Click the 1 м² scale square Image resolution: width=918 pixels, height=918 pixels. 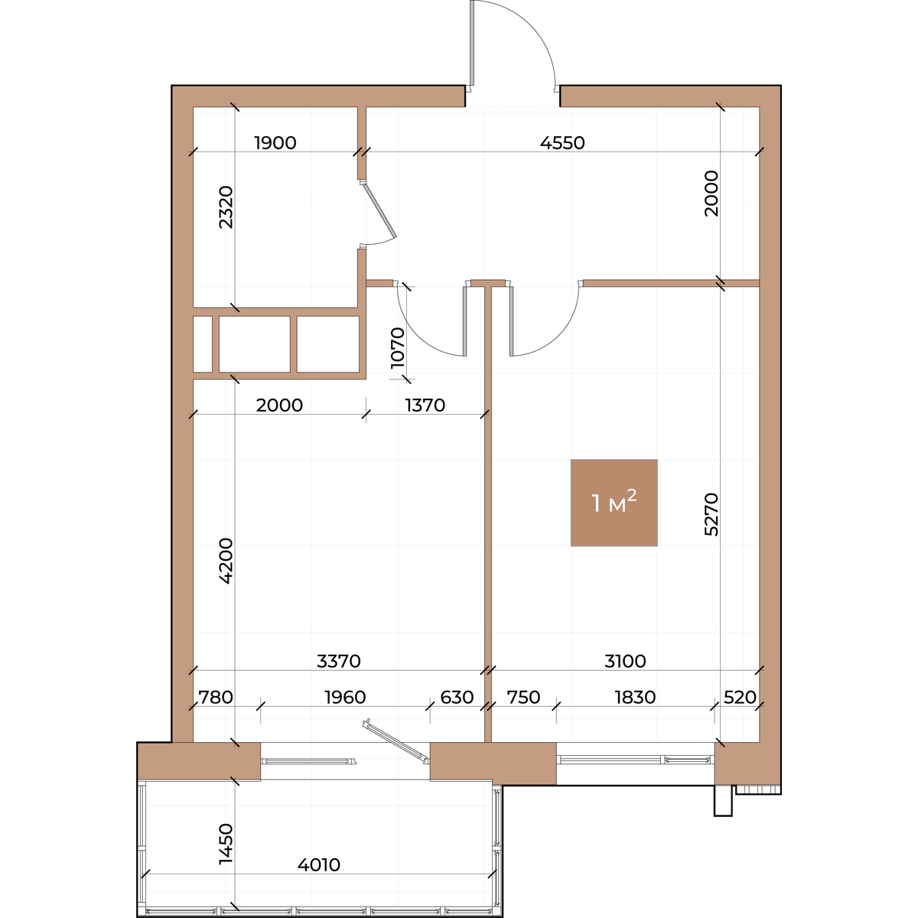[614, 503]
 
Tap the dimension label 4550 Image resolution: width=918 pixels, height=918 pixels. [562, 143]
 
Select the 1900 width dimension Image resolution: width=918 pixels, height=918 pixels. [275, 143]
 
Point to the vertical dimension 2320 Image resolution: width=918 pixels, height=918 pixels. [226, 207]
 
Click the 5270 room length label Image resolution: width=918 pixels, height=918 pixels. [711, 515]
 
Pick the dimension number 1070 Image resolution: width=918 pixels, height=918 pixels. [397, 348]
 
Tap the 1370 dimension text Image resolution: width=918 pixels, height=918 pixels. [425, 405]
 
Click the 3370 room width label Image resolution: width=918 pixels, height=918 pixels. [339, 661]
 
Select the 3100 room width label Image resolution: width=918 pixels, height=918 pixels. [625, 661]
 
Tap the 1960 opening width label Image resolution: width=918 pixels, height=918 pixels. [345, 698]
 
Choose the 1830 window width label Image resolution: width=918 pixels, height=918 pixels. [635, 698]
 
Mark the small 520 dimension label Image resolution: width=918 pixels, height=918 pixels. [740, 698]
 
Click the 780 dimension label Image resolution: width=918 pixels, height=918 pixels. [216, 698]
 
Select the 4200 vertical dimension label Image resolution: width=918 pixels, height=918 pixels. [226, 561]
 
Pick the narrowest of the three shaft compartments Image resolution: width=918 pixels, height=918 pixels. [203, 344]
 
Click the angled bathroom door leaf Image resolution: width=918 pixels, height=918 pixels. [379, 210]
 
